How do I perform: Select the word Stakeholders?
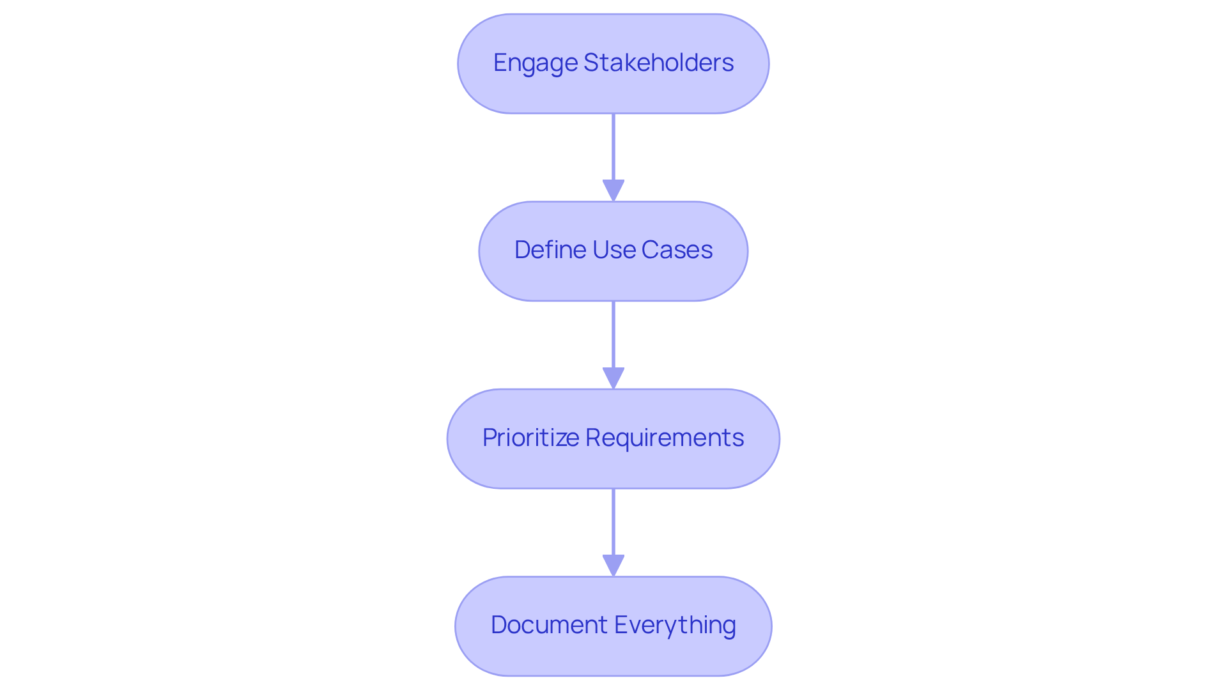tap(658, 63)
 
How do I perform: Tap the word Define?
tap(550, 250)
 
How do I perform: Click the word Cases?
tap(677, 250)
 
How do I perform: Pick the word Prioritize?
tap(531, 438)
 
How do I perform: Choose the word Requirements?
tap(665, 438)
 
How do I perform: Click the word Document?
tap(549, 625)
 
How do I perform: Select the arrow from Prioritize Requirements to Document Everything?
tap(613, 524)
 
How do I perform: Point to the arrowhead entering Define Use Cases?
tap(613, 190)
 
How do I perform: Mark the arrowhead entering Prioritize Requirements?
tap(613, 378)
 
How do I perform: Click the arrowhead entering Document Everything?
tap(613, 565)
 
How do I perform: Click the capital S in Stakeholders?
tap(590, 63)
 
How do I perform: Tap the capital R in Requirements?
tap(592, 438)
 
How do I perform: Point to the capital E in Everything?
tap(622, 625)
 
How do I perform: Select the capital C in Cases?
tap(650, 250)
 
